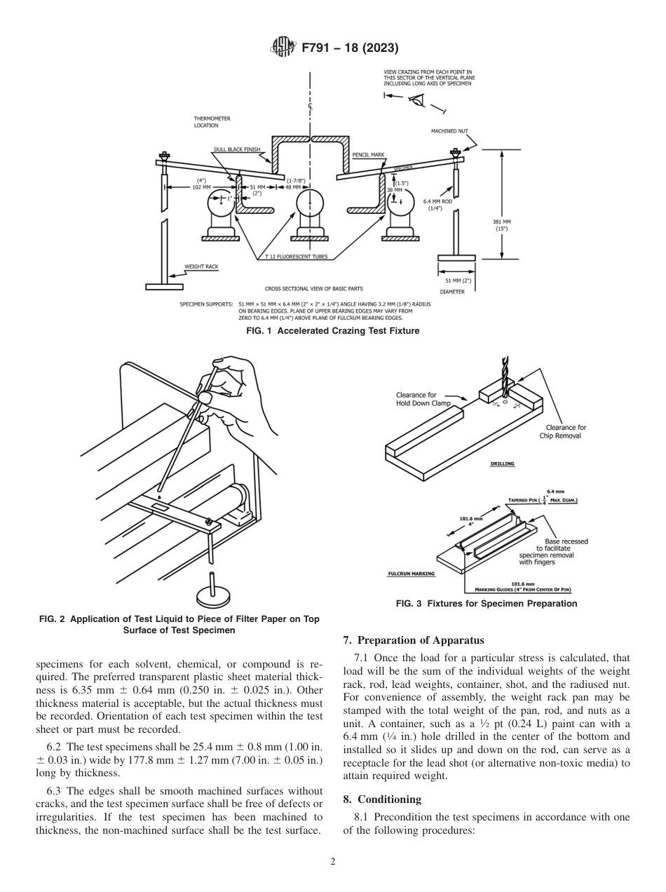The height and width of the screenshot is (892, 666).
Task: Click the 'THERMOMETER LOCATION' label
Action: (212, 122)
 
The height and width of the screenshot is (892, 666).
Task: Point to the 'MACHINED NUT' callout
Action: (449, 131)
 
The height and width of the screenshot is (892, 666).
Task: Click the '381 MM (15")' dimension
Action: (502, 224)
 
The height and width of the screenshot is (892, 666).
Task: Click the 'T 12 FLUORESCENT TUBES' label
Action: (296, 257)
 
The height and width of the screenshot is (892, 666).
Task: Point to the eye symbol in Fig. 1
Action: (419, 100)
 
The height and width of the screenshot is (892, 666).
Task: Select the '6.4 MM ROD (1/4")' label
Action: (436, 204)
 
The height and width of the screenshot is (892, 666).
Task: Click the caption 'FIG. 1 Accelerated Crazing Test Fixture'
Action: (333, 331)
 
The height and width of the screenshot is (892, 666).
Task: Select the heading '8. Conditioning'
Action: (382, 799)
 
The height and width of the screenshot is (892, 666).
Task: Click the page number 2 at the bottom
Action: (332, 861)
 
